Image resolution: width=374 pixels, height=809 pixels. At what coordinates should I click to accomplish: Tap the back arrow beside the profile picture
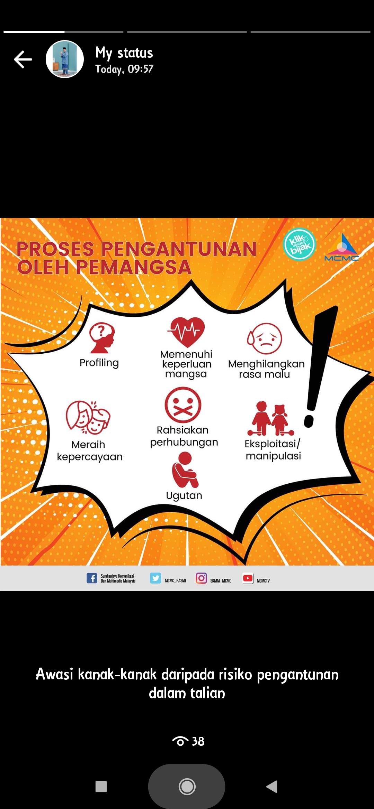pyautogui.click(x=23, y=59)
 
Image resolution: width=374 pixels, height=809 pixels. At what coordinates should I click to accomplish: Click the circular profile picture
pyautogui.click(x=65, y=59)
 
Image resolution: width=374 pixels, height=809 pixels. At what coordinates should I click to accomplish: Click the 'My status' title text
pyautogui.click(x=124, y=53)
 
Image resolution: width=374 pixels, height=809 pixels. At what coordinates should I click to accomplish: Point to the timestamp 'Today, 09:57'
pyautogui.click(x=124, y=69)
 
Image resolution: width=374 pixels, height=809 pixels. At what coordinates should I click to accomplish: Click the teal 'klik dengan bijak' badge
pyautogui.click(x=300, y=244)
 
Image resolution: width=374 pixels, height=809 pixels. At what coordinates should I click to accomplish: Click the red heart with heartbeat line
pyautogui.click(x=186, y=332)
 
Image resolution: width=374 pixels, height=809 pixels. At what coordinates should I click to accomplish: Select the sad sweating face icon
pyautogui.click(x=265, y=338)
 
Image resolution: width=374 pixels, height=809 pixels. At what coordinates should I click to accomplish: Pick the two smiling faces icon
pyautogui.click(x=88, y=417)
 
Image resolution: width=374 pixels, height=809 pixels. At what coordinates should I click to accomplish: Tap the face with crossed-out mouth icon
pyautogui.click(x=183, y=405)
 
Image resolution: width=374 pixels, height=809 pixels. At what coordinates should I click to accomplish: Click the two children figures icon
pyautogui.click(x=271, y=418)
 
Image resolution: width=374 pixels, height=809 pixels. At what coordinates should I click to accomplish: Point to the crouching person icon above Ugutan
pyautogui.click(x=185, y=469)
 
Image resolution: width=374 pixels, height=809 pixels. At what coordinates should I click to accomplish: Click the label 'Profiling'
pyautogui.click(x=99, y=363)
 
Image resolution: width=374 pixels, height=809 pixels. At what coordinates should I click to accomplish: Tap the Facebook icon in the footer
pyautogui.click(x=92, y=578)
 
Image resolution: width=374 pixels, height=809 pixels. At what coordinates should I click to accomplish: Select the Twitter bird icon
pyautogui.click(x=155, y=578)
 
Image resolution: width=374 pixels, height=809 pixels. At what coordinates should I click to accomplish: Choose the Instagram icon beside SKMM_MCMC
pyautogui.click(x=201, y=578)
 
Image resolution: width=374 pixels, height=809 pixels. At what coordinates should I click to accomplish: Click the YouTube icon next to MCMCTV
pyautogui.click(x=248, y=578)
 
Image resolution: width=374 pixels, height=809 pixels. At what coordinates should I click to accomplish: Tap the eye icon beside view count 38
pyautogui.click(x=180, y=741)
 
